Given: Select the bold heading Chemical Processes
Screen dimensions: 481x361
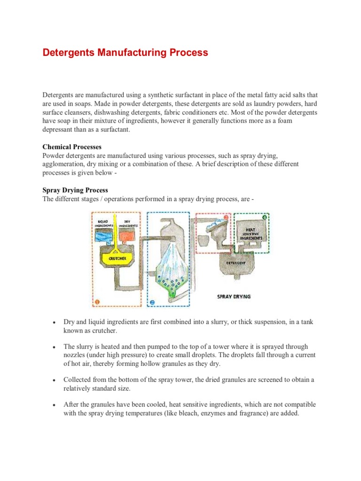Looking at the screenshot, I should [72, 147].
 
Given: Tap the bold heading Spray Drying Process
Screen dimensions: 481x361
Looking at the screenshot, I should [75, 190].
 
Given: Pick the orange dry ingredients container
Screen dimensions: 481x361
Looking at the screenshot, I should [128, 235].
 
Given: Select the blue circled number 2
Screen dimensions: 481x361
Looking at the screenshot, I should [152, 302].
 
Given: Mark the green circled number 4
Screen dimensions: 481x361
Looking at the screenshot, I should [265, 217].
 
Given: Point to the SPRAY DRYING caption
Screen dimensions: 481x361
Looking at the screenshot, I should [234, 296].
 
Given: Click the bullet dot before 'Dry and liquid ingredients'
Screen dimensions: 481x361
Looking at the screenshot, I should [55, 323].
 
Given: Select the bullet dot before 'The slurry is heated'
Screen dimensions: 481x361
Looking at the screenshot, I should [55, 347].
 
